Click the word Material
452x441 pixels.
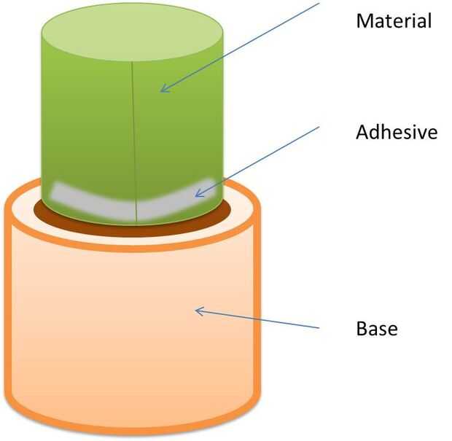click(x=394, y=20)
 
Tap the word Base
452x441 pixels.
click(x=376, y=328)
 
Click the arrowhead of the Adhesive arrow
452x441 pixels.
click(x=197, y=195)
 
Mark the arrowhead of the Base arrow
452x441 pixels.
click(x=197, y=311)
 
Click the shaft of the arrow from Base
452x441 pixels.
click(x=259, y=319)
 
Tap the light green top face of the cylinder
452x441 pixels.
click(x=131, y=34)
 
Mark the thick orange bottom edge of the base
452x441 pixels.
click(x=131, y=427)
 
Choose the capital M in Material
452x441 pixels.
click(x=363, y=20)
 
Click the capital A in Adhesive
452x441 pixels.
click(x=362, y=133)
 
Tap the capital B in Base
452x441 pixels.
click(x=362, y=328)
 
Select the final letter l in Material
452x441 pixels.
click(x=429, y=20)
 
